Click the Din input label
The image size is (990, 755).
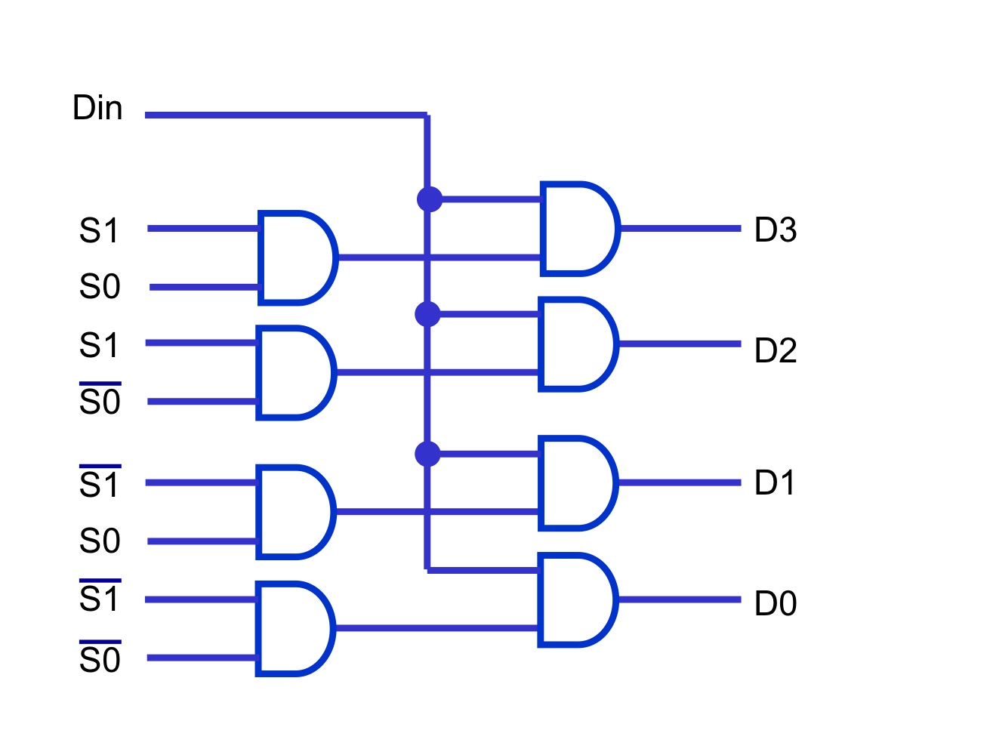click(97, 108)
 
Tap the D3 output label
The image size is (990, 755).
click(775, 230)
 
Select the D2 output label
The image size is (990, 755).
click(775, 350)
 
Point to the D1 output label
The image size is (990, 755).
click(775, 483)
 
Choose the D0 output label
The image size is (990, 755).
click(775, 603)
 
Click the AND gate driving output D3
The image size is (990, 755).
click(578, 228)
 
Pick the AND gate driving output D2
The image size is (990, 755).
click(577, 344)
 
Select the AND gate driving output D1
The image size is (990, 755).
click(576, 483)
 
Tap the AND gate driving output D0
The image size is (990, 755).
click(576, 600)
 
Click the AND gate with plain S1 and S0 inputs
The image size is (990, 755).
click(295, 258)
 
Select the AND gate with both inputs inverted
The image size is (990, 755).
click(293, 628)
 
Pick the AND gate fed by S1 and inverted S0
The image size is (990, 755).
click(294, 372)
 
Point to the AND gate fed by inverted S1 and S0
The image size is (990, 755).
click(294, 512)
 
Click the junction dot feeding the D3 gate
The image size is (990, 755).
click(429, 199)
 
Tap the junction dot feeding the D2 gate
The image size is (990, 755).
click(427, 314)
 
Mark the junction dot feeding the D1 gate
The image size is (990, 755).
click(427, 454)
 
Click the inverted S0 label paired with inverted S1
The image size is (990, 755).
click(100, 658)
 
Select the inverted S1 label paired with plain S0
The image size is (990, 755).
click(100, 483)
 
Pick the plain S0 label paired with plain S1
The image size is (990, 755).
click(100, 287)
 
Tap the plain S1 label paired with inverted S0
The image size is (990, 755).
click(100, 344)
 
